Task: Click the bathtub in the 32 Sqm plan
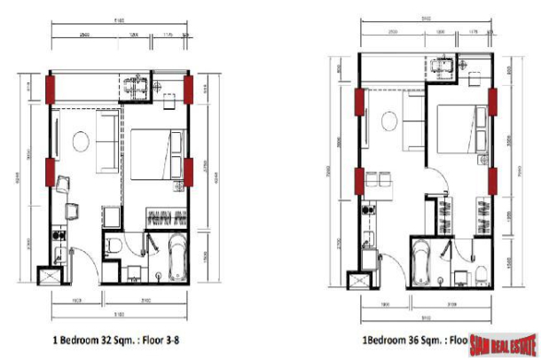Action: coord(173,256)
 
